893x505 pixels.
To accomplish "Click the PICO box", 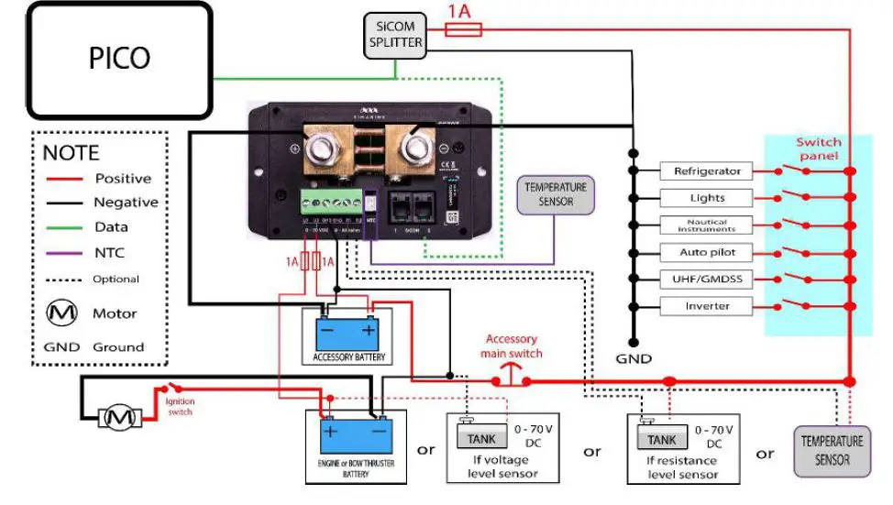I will click(119, 60).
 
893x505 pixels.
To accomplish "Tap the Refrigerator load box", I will click(706, 171).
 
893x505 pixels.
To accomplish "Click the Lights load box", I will click(706, 198).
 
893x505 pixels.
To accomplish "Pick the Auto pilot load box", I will click(706, 252).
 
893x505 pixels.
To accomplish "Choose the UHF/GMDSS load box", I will click(706, 279).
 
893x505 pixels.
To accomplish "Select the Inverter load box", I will click(706, 306).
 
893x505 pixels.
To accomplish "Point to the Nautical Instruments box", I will click(706, 225).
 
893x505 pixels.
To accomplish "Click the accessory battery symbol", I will click(347, 330).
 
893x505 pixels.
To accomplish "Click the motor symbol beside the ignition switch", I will click(116, 418).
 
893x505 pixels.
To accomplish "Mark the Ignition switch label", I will click(180, 406).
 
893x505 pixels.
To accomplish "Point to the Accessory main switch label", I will click(513, 346).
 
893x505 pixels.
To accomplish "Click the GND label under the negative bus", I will click(634, 359).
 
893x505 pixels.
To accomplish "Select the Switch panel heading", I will click(818, 148).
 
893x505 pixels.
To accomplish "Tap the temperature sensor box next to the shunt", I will click(556, 194).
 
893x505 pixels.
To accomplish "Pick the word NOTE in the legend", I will click(71, 153).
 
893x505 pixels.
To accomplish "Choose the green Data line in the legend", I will click(65, 227).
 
